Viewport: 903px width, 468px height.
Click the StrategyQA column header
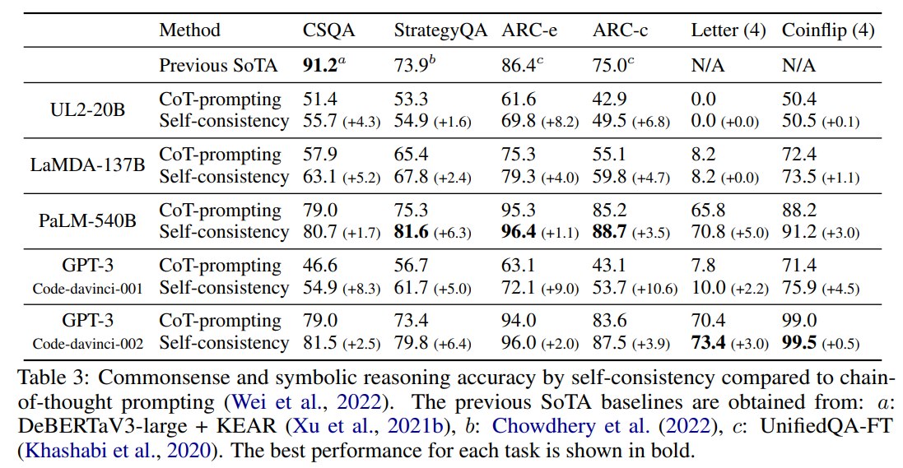440,30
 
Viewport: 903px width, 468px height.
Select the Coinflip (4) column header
827,30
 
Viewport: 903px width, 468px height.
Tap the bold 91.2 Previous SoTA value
320,65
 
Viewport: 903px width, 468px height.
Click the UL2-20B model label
87,109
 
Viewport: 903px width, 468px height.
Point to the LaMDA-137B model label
87,165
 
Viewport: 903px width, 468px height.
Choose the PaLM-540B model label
87,220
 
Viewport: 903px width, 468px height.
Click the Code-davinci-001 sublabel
87,288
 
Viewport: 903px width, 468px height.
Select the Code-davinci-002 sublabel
87,344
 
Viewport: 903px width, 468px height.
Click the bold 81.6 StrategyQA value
412,231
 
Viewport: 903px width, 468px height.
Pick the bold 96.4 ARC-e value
519,231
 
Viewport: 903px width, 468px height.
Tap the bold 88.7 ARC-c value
609,231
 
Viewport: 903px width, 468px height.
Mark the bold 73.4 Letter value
709,342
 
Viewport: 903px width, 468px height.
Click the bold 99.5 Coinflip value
799,342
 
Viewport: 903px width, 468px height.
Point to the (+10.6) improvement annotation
654,289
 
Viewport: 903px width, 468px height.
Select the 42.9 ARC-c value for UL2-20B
609,99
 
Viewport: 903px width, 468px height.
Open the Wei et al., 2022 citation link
306,401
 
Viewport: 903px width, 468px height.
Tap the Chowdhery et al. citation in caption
602,425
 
